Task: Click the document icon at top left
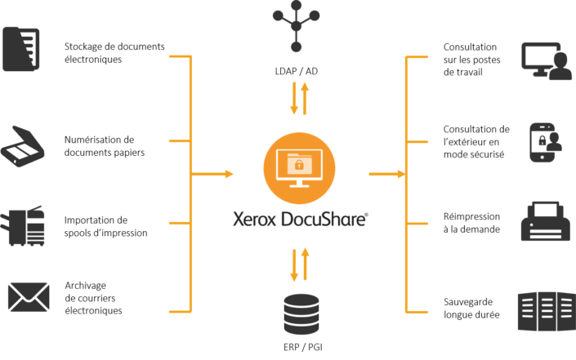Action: click(x=21, y=49)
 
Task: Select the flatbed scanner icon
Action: click(x=23, y=147)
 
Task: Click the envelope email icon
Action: click(x=29, y=297)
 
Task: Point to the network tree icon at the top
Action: click(x=296, y=27)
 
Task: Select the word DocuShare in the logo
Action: click(x=324, y=219)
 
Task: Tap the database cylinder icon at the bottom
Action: click(x=301, y=314)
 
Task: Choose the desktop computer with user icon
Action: click(x=546, y=61)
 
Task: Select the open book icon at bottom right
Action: click(x=545, y=310)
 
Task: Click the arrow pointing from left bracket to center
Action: click(x=214, y=174)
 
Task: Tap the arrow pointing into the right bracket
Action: click(x=387, y=174)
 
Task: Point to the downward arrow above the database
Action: click(x=294, y=264)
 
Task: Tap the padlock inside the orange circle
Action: click(x=299, y=166)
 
